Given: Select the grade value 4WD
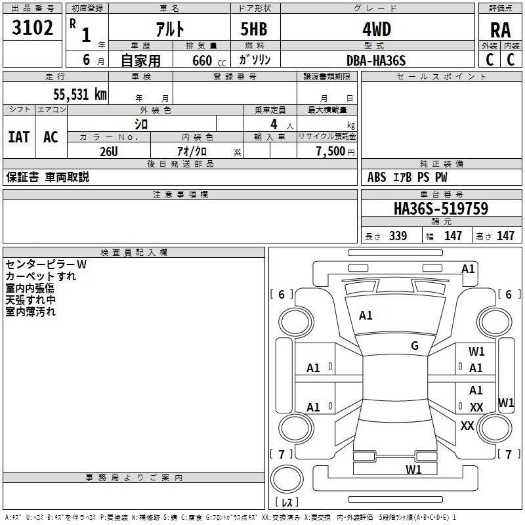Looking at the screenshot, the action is pos(376,29).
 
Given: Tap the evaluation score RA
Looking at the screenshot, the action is pos(500,30).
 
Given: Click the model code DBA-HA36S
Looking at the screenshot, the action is pos(376,60).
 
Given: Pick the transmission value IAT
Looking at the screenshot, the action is pos(18,137).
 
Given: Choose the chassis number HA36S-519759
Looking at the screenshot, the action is pos(440,209).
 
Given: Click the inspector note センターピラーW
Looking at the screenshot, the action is pos(46,264).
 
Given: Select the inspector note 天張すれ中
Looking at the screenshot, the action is pos(30,300).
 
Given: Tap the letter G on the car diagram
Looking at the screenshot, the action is pos(415,346).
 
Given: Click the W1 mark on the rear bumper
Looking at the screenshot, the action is pos(413,469).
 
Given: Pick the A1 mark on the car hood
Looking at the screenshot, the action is pos(366,316).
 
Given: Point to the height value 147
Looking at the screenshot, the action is pos(505,236).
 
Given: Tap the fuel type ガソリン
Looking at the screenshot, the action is pos(255,60).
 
